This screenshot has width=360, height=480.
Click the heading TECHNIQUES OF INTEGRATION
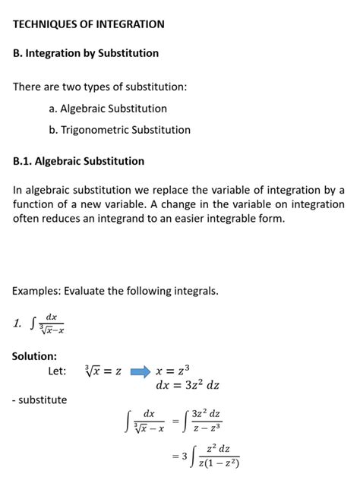click(x=89, y=24)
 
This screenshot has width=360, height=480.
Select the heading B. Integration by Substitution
click(x=86, y=53)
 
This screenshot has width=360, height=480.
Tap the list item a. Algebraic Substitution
click(x=108, y=109)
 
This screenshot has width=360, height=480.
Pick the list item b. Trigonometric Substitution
click(x=119, y=130)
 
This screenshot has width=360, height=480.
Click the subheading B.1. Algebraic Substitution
click(x=78, y=161)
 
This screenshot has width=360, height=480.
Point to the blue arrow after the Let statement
click(x=141, y=371)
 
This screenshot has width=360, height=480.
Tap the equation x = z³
click(x=172, y=371)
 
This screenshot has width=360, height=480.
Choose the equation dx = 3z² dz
click(x=187, y=385)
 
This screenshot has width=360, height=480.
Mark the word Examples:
click(x=37, y=291)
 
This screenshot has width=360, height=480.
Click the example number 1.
click(x=17, y=324)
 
